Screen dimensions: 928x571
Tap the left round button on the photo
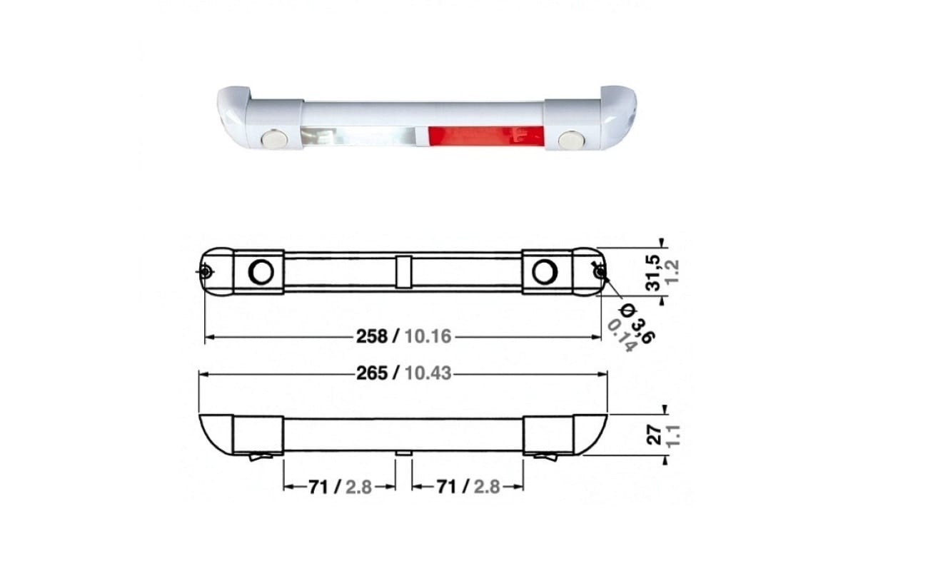click(275, 139)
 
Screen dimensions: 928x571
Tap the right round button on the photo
click(571, 140)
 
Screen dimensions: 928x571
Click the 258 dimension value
click(372, 336)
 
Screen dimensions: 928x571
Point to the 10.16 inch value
click(428, 336)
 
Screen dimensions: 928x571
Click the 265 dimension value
click(372, 373)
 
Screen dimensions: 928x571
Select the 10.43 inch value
click(428, 373)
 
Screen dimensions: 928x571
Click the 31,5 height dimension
click(653, 273)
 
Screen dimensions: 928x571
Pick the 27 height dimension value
click(655, 434)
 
